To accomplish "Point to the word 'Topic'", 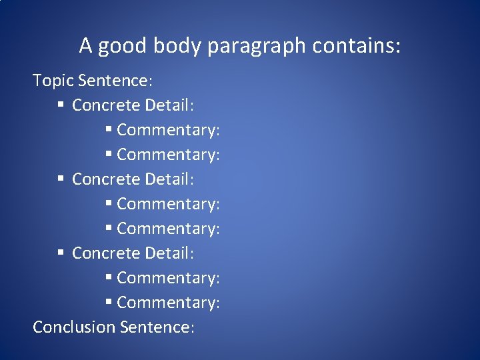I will (x=53, y=81).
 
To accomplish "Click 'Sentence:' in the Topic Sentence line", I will (x=115, y=81).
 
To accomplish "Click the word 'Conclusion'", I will (x=74, y=327).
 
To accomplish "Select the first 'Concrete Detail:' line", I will (x=133, y=105).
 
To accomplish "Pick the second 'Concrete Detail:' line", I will (x=133, y=179).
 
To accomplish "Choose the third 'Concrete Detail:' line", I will (x=133, y=253).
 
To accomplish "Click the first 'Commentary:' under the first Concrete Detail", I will (x=168, y=130).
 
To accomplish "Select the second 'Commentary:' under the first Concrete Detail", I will (x=168, y=155).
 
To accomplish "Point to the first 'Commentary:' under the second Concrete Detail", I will (x=168, y=204).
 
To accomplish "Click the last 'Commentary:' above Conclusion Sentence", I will (x=168, y=303).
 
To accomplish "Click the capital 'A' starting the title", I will (x=85, y=46).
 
